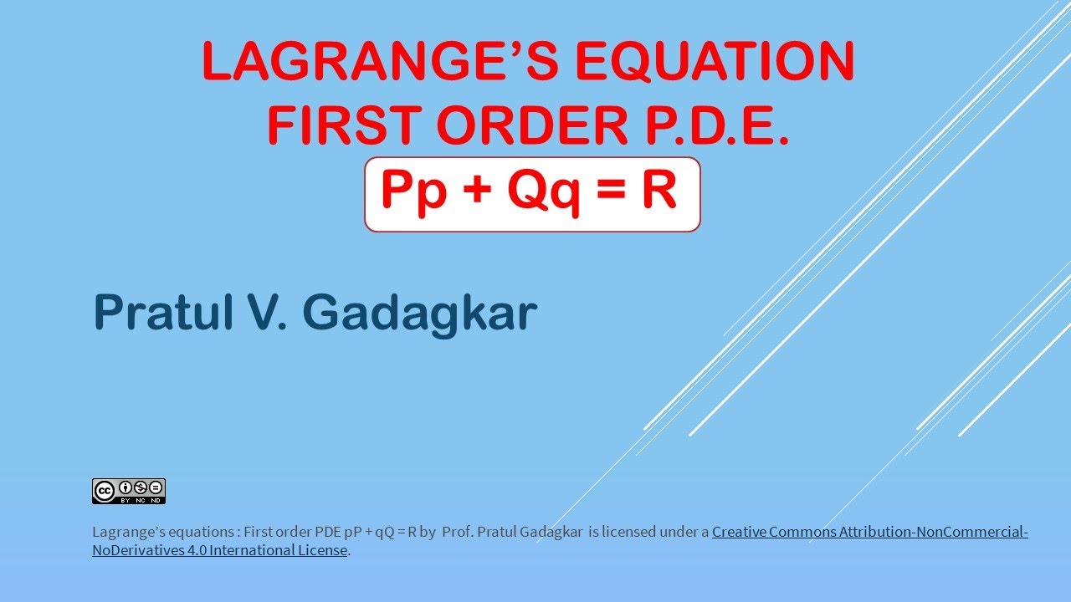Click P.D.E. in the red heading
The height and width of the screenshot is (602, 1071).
715,125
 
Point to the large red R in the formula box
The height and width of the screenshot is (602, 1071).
658,190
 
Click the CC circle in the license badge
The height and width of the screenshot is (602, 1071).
105,489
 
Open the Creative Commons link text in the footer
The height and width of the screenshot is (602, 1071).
869,532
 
